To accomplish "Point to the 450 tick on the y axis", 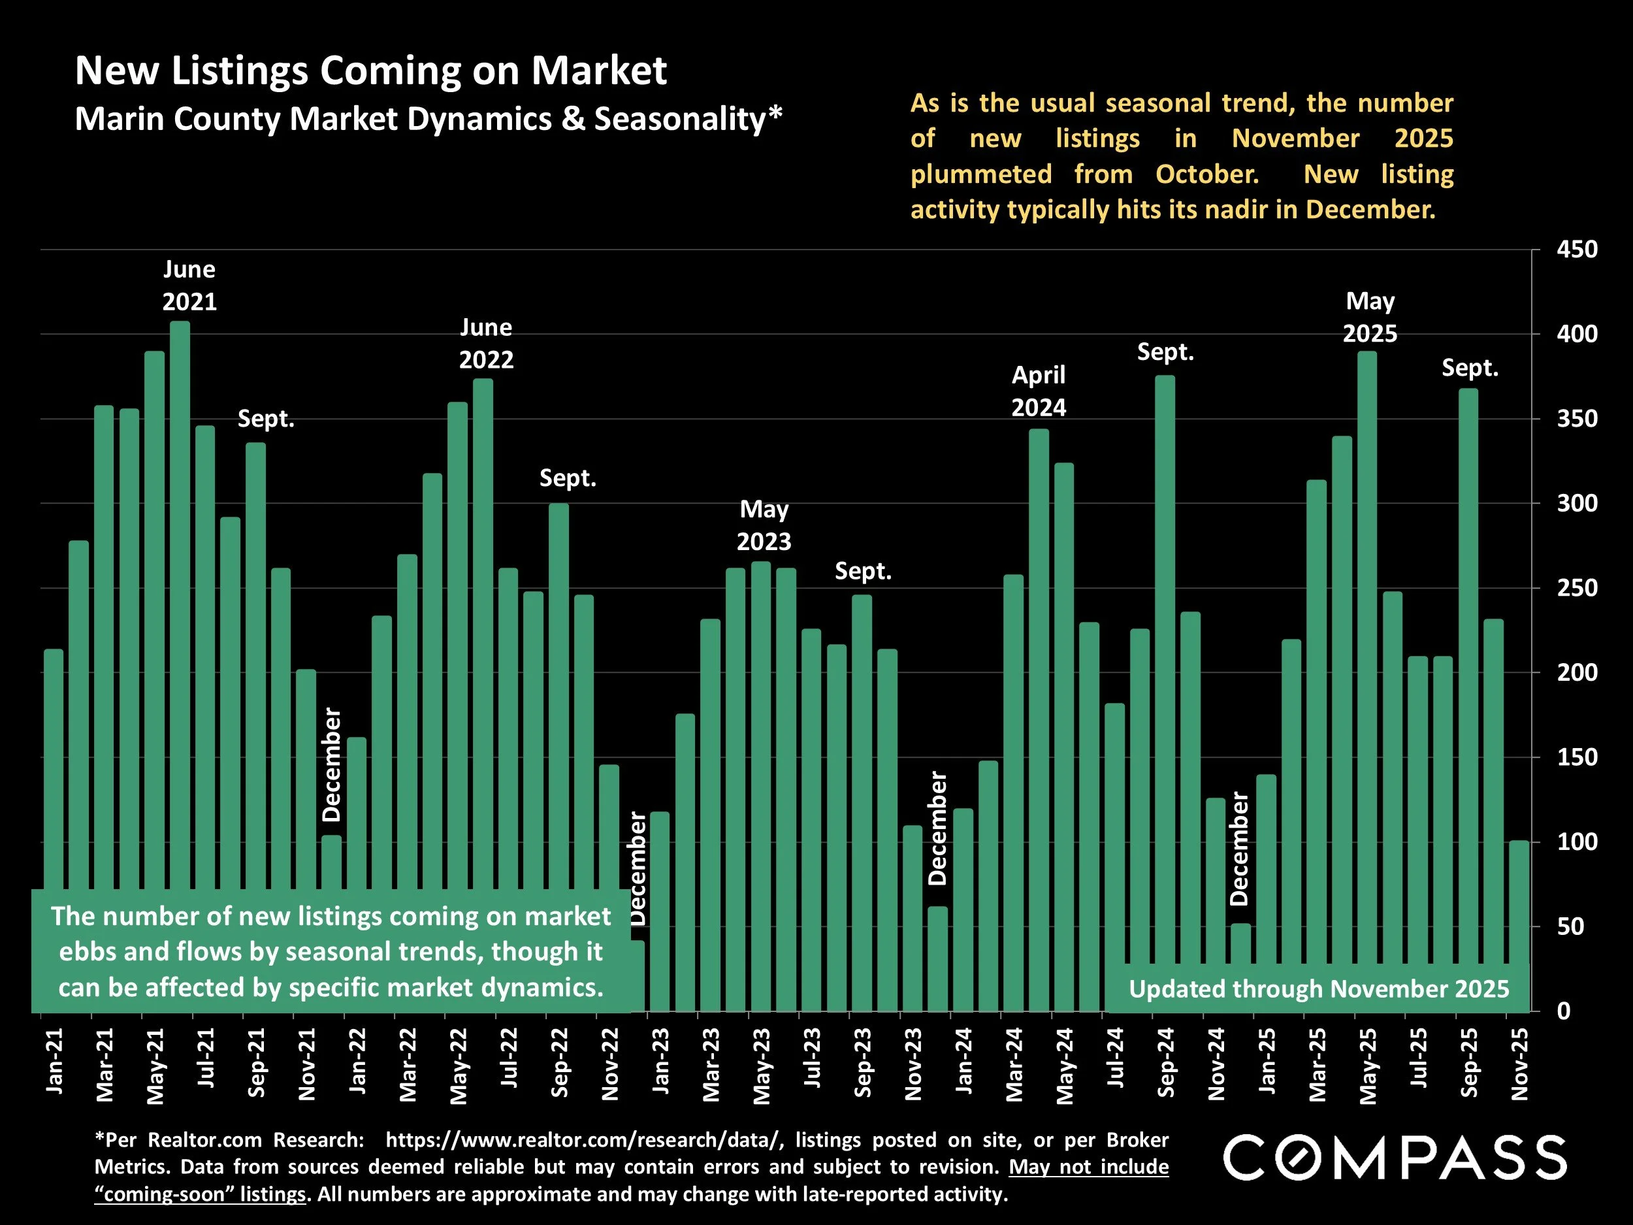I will tap(1577, 250).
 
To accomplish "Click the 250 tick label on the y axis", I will tap(1577, 589).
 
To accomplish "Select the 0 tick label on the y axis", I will tap(1564, 1011).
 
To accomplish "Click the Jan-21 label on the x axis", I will tap(55, 1060).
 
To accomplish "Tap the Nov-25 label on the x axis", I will tap(1519, 1063).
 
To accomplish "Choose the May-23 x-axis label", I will tap(761, 1066).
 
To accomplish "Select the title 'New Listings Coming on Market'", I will tap(370, 71).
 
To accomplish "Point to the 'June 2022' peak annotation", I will tap(486, 344).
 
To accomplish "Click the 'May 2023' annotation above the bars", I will tap(764, 525).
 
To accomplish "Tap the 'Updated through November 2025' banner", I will tap(1319, 988).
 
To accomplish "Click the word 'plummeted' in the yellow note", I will tap(981, 174).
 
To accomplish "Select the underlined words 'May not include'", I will tap(1089, 1167).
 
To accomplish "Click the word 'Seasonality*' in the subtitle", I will tap(688, 119).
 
